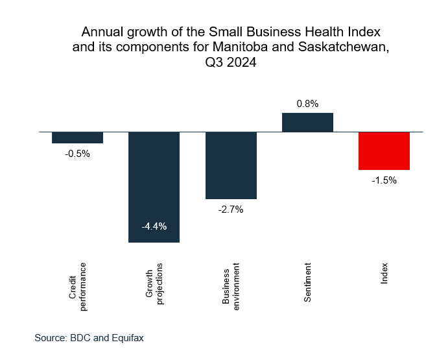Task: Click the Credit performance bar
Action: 78,137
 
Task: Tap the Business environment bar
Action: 231,165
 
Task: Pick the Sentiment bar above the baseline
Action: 307,122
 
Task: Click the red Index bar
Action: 384,150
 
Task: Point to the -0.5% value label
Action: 78,154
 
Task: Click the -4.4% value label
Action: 154,226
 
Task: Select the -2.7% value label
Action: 231,210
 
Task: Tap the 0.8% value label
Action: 307,103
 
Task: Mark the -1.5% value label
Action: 384,180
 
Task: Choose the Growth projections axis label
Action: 154,284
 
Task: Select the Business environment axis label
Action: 231,286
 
